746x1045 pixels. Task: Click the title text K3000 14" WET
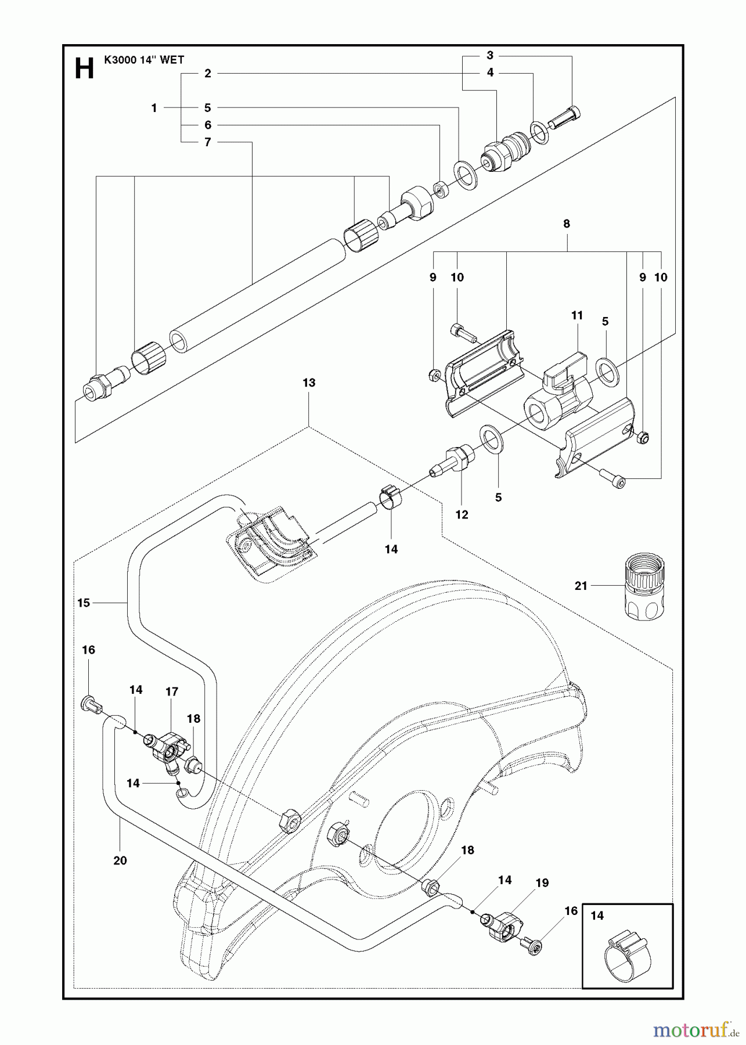pyautogui.click(x=144, y=59)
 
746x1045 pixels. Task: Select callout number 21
pyautogui.click(x=581, y=586)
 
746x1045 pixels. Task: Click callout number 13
pyautogui.click(x=309, y=383)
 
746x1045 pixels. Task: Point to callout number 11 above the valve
pyautogui.click(x=576, y=315)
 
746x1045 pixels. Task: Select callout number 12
pyautogui.click(x=462, y=514)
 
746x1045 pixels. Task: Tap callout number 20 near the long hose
pyautogui.click(x=120, y=860)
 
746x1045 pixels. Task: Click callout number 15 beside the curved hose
pyautogui.click(x=84, y=603)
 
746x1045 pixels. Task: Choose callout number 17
pyautogui.click(x=172, y=691)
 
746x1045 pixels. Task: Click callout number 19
pyautogui.click(x=542, y=883)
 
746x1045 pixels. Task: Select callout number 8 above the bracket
pyautogui.click(x=567, y=224)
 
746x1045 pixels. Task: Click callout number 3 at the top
pyautogui.click(x=490, y=55)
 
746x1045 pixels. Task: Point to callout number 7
pyautogui.click(x=207, y=142)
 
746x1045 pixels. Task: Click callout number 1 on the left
pyautogui.click(x=154, y=107)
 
